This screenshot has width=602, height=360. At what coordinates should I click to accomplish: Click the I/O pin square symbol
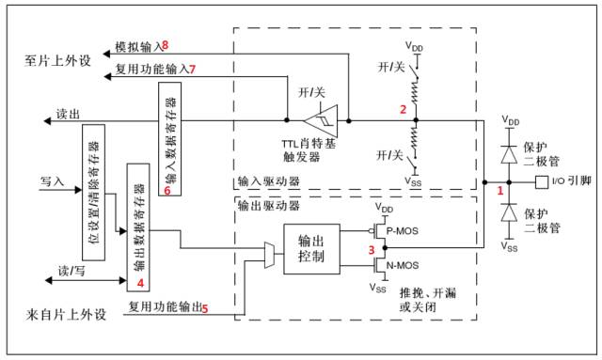(542, 182)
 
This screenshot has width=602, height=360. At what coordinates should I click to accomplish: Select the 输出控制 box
(311, 249)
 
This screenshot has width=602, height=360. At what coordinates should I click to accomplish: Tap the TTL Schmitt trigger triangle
(322, 121)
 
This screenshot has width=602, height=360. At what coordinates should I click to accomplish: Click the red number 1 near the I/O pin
(499, 191)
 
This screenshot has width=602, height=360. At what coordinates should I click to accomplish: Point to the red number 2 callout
(403, 110)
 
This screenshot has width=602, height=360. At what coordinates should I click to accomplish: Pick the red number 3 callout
(372, 250)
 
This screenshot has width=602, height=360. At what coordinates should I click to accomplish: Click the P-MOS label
(402, 231)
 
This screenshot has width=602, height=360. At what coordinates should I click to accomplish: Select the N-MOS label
(403, 265)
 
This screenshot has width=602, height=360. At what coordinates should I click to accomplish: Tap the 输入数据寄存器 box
(169, 139)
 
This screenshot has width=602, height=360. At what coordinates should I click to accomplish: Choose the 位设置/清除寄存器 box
(94, 193)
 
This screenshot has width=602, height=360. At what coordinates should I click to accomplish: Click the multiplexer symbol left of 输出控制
(270, 255)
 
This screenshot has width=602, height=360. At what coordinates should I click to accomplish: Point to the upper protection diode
(510, 155)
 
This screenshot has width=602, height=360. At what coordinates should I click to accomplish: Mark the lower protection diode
(510, 212)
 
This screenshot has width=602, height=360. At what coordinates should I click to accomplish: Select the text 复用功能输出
(165, 307)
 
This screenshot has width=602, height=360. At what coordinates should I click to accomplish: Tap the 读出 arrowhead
(47, 121)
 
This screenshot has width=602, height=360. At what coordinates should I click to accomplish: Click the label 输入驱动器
(268, 181)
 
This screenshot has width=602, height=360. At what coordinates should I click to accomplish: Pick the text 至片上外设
(57, 61)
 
